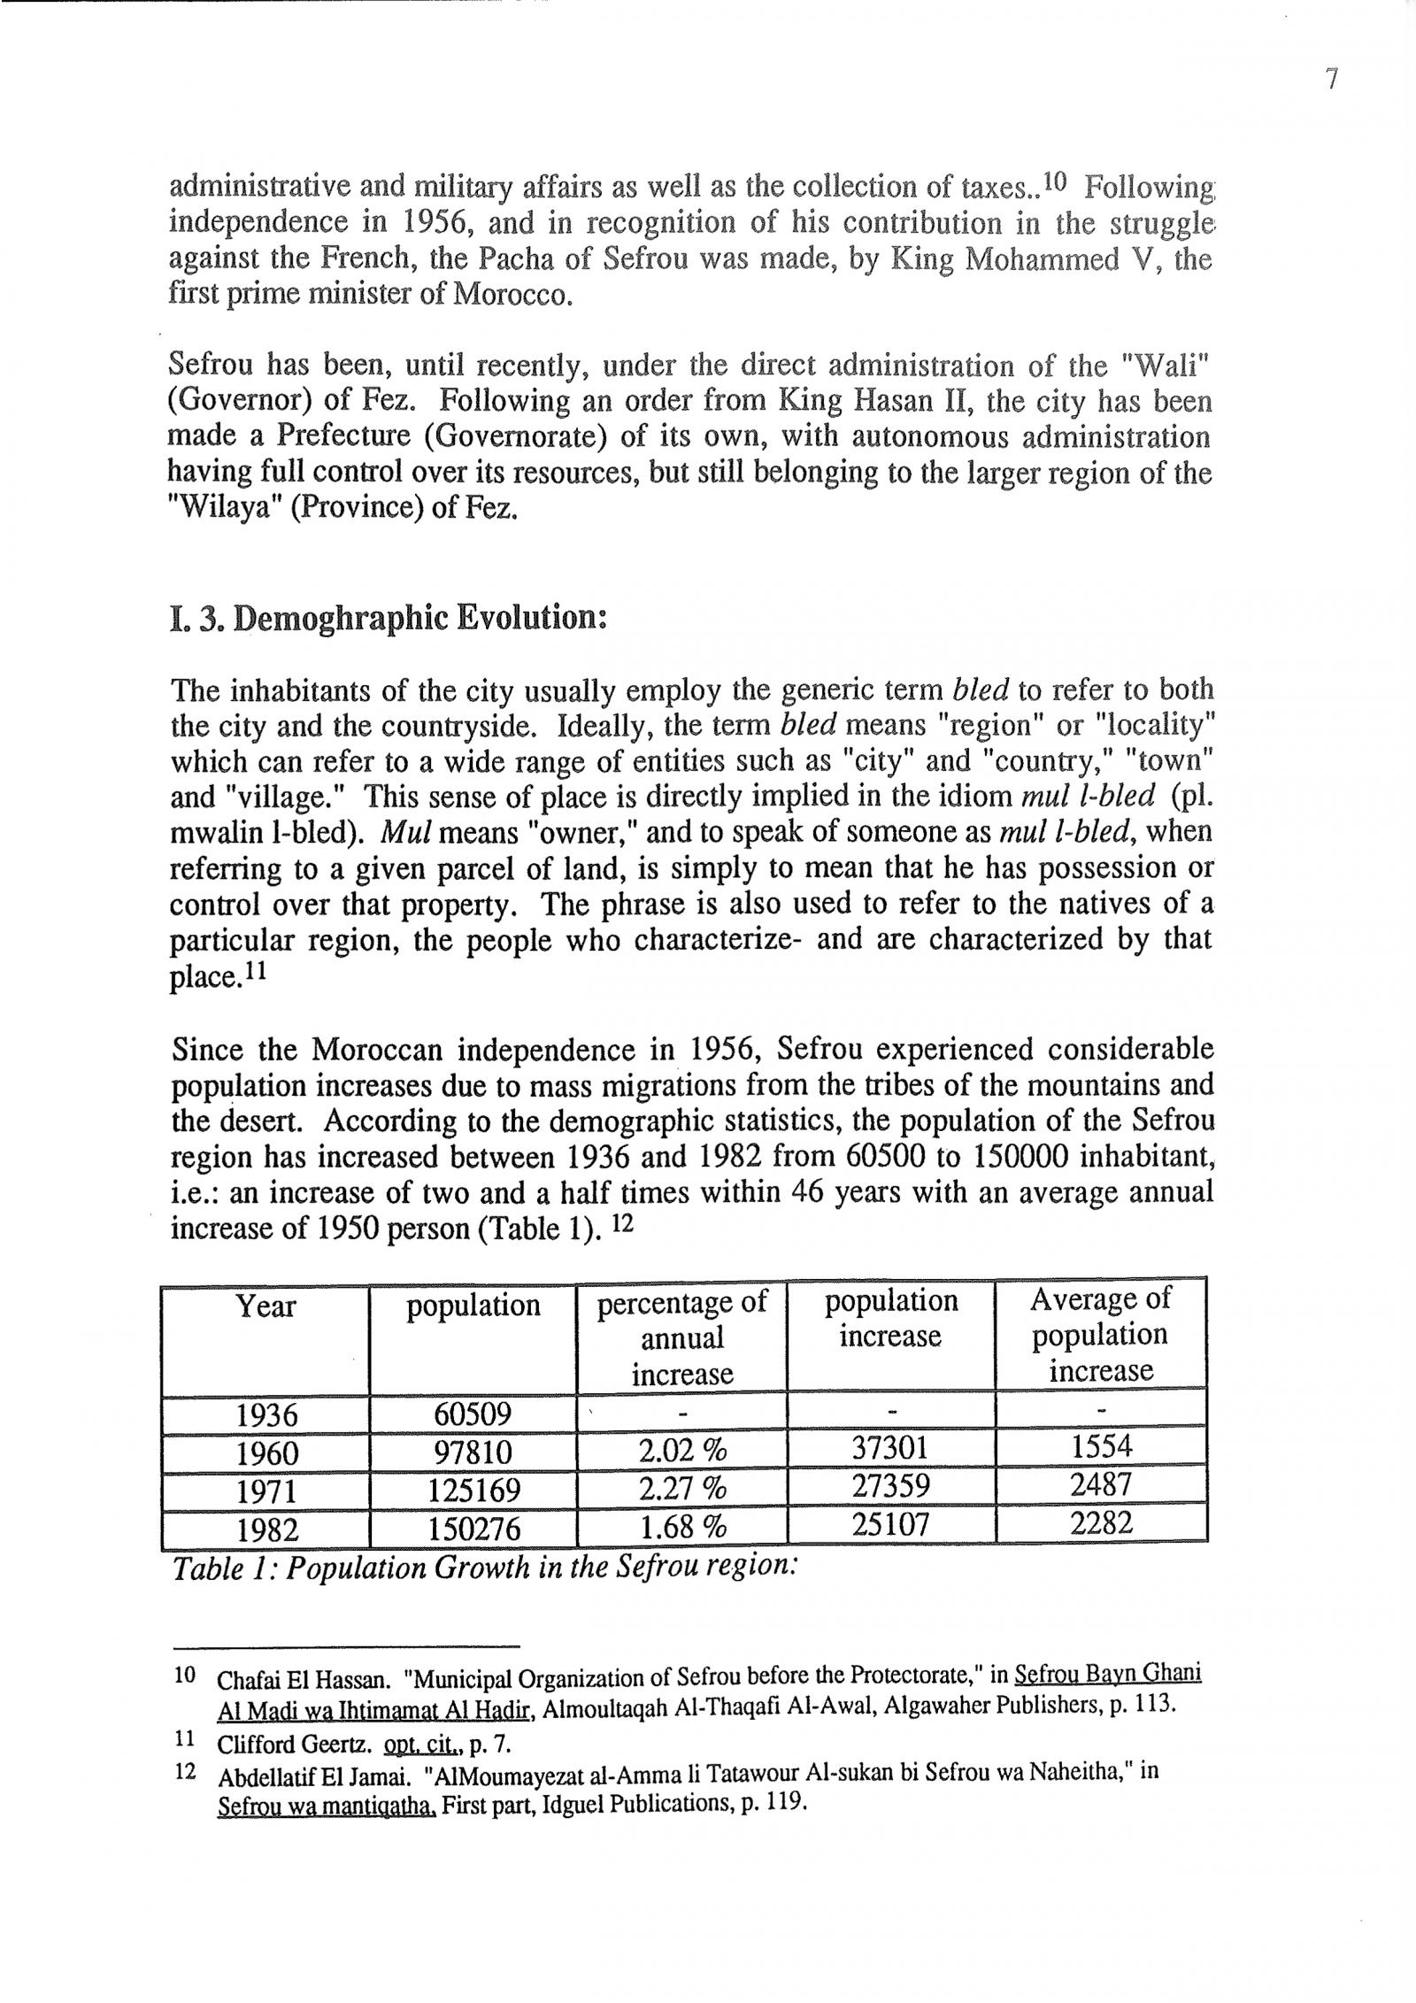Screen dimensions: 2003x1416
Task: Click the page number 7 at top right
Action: [1332, 80]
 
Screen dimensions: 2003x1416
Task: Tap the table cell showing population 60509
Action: [472, 1414]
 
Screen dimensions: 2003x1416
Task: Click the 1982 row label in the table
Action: [266, 1529]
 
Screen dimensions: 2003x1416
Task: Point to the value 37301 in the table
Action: [889, 1449]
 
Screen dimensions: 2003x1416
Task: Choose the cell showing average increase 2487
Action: [1100, 1485]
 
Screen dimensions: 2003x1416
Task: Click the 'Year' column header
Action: [265, 1306]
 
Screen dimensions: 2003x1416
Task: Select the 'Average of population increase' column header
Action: [1100, 1334]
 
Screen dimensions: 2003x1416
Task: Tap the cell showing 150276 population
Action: [473, 1529]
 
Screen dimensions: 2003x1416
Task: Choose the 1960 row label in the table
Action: [266, 1452]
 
